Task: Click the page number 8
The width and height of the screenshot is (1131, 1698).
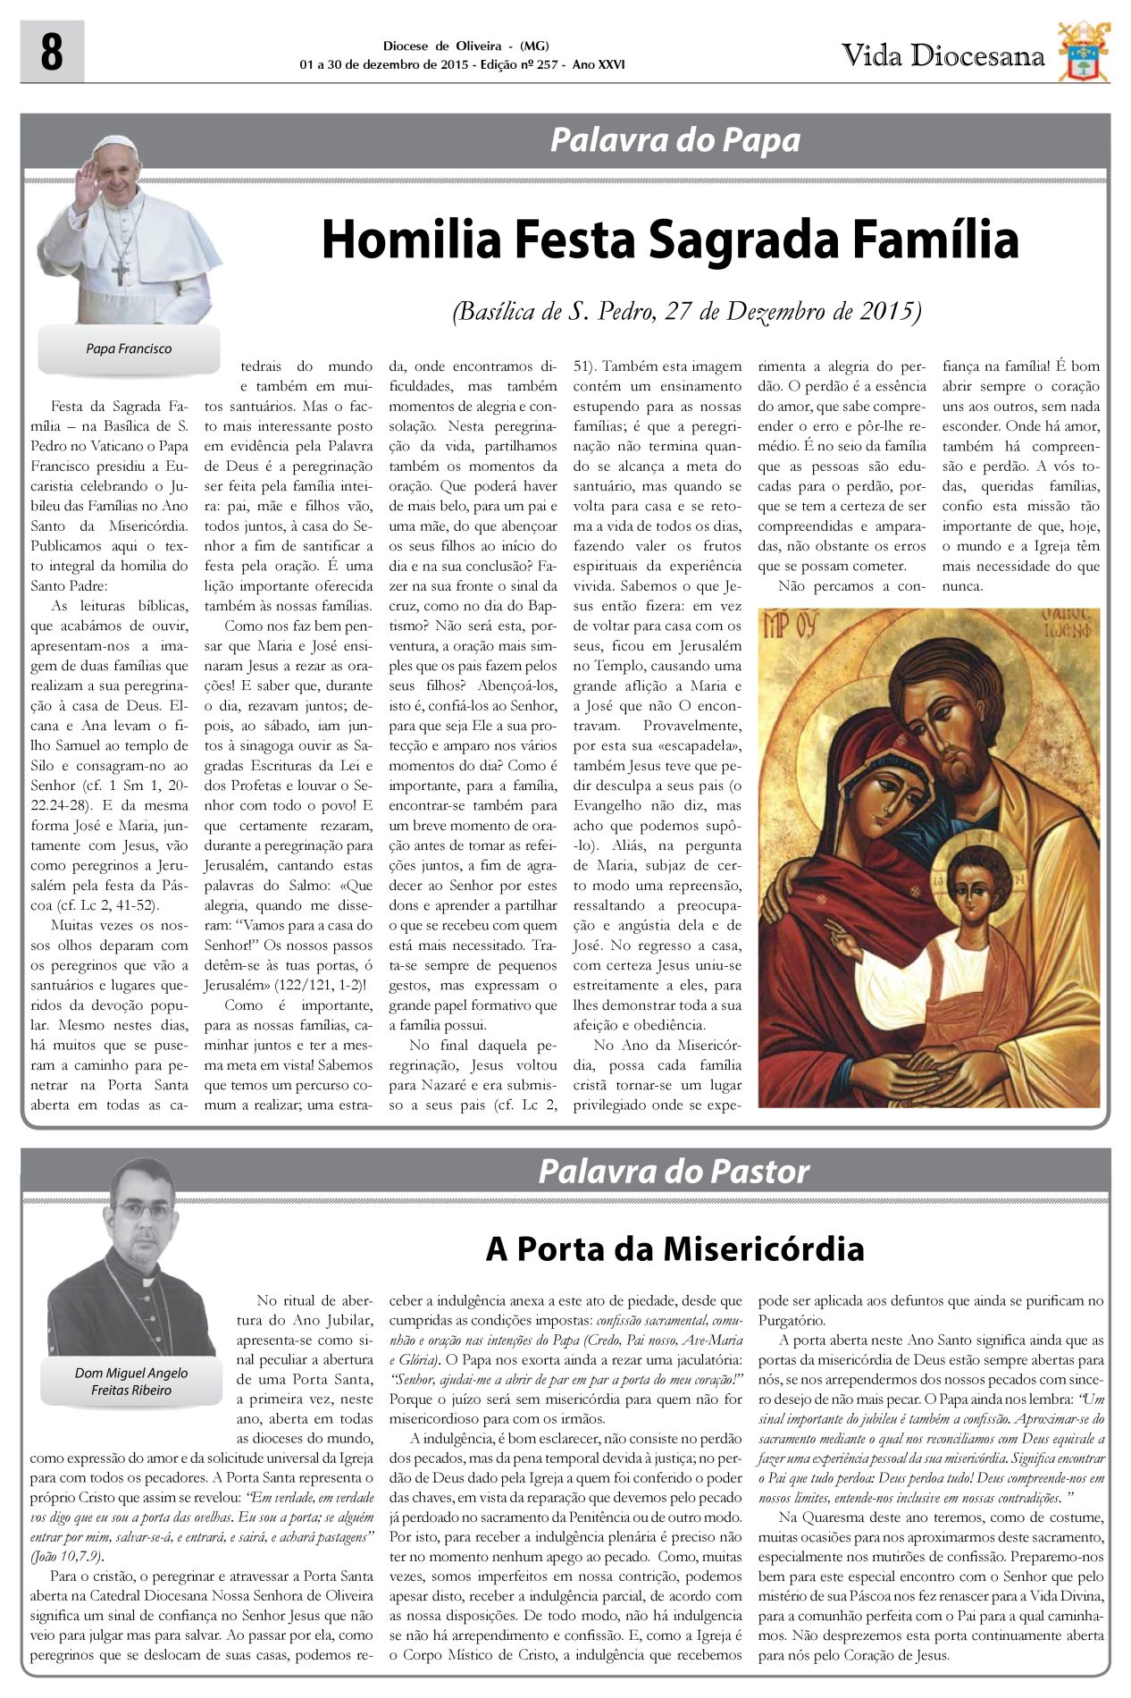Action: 52,53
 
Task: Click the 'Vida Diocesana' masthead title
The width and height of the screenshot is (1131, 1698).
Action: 942,56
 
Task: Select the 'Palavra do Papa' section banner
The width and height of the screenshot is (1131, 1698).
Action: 674,140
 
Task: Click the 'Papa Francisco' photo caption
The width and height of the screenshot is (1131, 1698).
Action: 129,349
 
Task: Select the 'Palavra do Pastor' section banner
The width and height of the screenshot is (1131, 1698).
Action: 674,1171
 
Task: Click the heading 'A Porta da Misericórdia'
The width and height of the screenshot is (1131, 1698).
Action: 674,1248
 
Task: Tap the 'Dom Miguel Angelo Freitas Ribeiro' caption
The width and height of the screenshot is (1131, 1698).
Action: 131,1381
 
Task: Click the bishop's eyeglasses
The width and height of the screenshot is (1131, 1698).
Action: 141,1214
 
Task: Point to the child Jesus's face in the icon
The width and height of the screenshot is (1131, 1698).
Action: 970,885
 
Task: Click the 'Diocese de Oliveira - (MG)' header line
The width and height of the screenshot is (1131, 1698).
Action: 465,46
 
